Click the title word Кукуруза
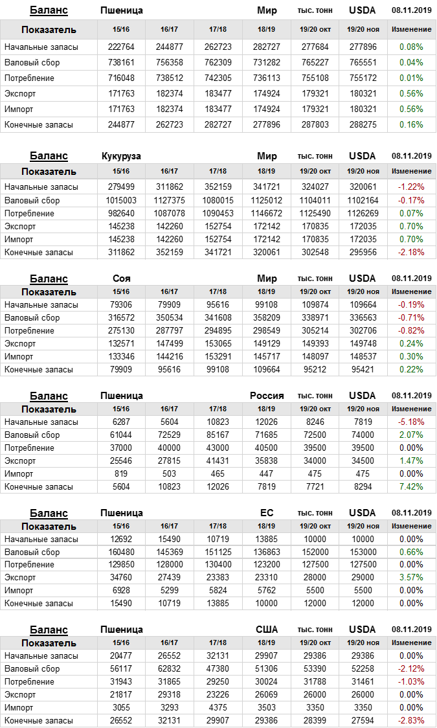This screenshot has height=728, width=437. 121,156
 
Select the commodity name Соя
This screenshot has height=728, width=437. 121,279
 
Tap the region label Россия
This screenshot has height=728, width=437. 267,396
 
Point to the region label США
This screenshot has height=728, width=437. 267,630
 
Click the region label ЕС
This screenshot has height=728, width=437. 267,513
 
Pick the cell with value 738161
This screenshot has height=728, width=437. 121,62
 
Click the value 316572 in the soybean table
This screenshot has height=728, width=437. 121,317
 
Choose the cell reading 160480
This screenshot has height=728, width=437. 121,552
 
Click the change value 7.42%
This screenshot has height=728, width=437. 411,486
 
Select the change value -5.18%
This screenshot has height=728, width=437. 411,422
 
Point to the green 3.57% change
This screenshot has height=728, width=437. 411,577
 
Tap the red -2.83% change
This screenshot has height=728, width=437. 411,720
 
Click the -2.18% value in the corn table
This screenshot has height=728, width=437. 411,252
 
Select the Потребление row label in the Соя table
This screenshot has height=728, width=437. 29,330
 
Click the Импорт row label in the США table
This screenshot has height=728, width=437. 19,707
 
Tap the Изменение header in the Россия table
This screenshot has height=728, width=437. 411,409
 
